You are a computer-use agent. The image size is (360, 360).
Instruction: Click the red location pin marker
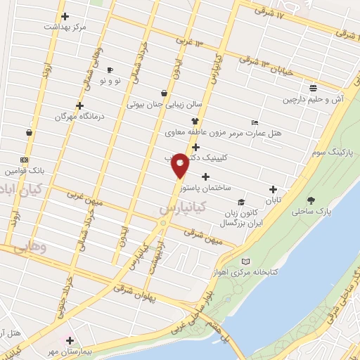pyautogui.click(x=180, y=165)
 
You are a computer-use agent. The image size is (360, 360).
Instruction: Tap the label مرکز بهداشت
pyautogui.click(x=65, y=27)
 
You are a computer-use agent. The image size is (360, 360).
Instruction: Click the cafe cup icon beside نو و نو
pyautogui.click(x=110, y=70)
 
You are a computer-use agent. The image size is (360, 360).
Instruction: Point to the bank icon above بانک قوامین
pyautogui.click(x=24, y=160)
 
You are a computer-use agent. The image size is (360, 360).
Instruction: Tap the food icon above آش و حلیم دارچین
pyautogui.click(x=313, y=88)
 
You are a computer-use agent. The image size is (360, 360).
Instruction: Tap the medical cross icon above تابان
pyautogui.click(x=273, y=188)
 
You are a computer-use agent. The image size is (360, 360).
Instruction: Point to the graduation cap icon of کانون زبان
pyautogui.click(x=240, y=202)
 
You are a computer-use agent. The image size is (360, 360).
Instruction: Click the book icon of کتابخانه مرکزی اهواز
pyautogui.click(x=245, y=262)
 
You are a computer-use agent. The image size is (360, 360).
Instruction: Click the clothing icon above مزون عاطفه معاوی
pyautogui.click(x=186, y=121)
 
